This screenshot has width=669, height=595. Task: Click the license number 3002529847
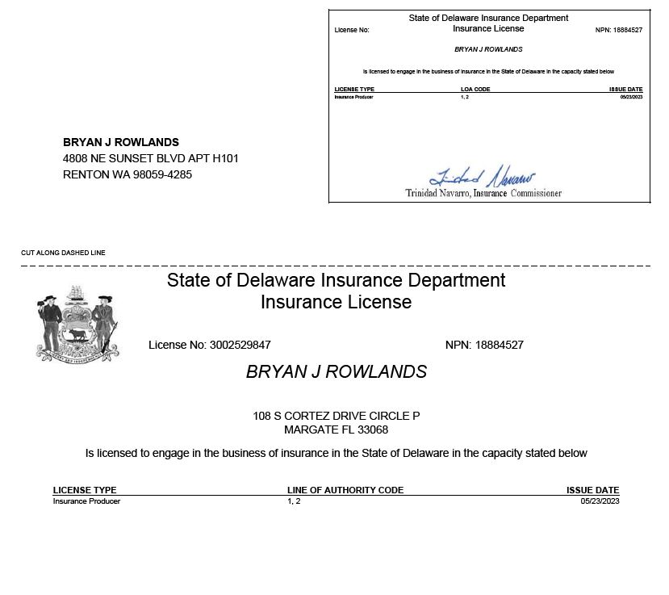240,345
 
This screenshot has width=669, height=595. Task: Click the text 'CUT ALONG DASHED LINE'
63,254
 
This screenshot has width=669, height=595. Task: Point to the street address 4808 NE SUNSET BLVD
150,158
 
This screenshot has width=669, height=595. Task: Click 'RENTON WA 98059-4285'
128,174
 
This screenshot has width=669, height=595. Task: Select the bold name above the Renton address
121,142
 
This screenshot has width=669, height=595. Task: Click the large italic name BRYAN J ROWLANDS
336,371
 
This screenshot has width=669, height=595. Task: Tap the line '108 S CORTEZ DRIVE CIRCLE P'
336,416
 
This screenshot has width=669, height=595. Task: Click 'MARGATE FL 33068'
336,429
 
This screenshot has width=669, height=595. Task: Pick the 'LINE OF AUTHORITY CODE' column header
345,490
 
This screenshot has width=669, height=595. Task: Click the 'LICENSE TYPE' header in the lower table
85,490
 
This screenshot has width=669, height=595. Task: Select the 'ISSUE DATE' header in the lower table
592,490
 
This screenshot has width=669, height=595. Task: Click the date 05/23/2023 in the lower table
600,501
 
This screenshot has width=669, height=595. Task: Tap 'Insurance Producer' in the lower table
86,501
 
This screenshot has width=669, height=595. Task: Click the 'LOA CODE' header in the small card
475,89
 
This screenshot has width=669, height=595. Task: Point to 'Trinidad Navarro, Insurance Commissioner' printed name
483,194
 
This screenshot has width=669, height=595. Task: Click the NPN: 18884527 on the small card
618,30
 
